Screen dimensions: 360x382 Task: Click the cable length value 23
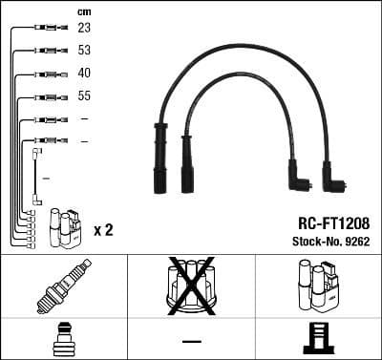84,30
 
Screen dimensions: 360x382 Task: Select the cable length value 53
84,52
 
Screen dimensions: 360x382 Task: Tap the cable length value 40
84,74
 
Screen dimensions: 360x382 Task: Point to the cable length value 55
84,96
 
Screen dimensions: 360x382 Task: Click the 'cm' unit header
84,11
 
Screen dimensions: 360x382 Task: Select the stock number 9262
355,241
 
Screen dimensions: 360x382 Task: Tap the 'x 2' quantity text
104,230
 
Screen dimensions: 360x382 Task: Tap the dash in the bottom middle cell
191,340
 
